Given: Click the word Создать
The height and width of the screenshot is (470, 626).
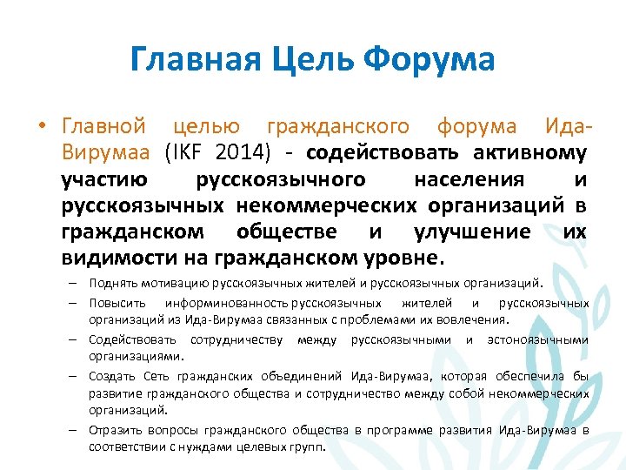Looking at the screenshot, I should coord(112,376).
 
